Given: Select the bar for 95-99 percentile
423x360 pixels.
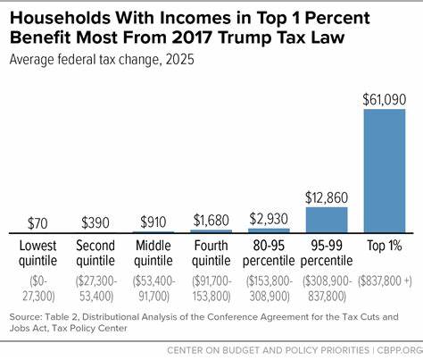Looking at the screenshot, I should coord(328,220).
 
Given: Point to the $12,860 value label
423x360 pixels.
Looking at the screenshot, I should coord(328,197).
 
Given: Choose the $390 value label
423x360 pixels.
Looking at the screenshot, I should coord(96,222).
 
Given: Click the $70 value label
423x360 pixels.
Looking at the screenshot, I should coord(38,222).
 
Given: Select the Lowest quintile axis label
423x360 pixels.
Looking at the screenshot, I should coord(38,253).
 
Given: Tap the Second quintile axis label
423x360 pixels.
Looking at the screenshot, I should coord(96,253).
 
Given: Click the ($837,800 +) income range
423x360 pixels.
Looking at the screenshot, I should coord(386,281).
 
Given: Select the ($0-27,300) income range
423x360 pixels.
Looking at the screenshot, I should coord(38,287).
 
